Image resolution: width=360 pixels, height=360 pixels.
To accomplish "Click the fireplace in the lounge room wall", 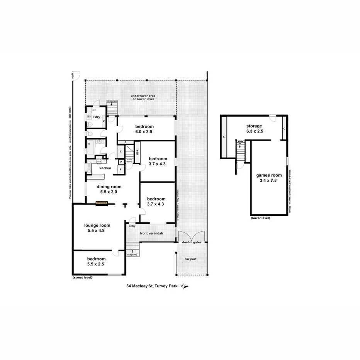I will tap(102, 202).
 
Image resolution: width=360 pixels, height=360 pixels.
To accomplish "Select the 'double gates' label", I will tap(192, 242).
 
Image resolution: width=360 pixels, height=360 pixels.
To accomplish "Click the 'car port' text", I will tap(191, 259).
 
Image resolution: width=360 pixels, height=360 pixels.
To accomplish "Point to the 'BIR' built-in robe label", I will tap(137, 152).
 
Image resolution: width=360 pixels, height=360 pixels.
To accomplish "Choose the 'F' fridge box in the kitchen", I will tap(121, 169).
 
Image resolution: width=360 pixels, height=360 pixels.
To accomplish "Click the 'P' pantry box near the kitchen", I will tap(121, 162).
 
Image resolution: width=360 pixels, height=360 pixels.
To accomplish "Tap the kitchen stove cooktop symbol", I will tap(99, 160).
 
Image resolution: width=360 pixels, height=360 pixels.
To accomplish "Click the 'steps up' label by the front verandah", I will tap(132, 255).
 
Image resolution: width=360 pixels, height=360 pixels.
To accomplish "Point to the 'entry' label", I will tap(132, 226).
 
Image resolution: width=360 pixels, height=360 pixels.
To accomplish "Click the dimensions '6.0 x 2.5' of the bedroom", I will tap(144, 132).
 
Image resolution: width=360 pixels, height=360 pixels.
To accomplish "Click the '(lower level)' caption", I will tap(260, 218).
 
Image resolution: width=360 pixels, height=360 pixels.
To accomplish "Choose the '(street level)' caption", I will tap(82, 278).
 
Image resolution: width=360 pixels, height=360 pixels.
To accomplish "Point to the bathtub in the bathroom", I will tap(90, 148).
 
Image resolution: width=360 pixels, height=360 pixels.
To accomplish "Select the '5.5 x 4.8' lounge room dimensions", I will tap(96, 231).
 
